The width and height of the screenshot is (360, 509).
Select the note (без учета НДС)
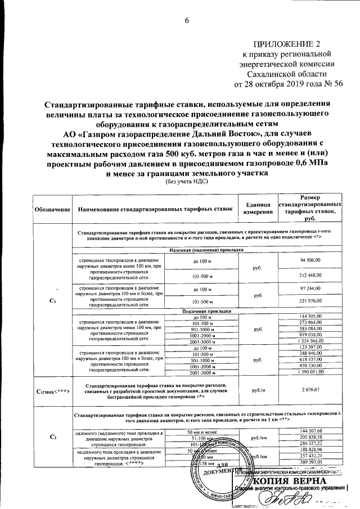(x=186, y=182)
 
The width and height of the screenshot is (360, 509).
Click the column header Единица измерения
(x=258, y=209)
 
